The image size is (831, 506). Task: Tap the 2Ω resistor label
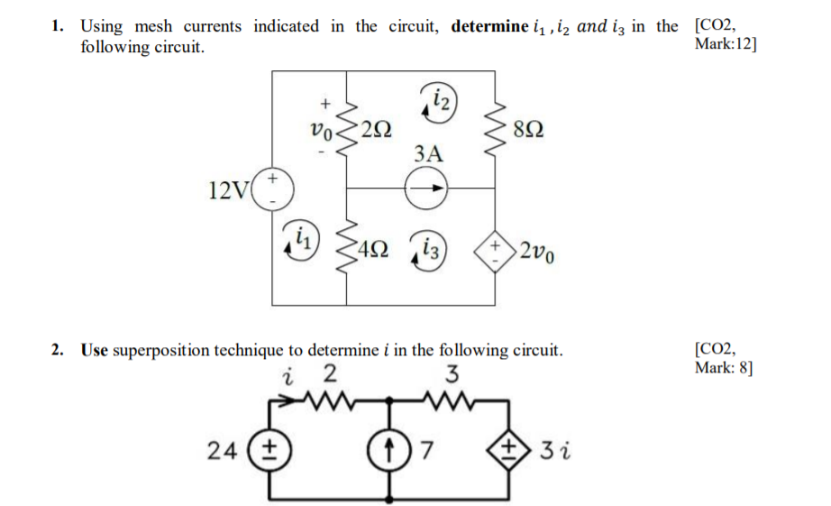tap(377, 129)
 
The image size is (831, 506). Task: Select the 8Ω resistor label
tap(527, 129)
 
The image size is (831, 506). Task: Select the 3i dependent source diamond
tap(510, 448)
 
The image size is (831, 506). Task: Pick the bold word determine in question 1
tap(489, 26)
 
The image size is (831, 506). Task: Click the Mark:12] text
tap(726, 44)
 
